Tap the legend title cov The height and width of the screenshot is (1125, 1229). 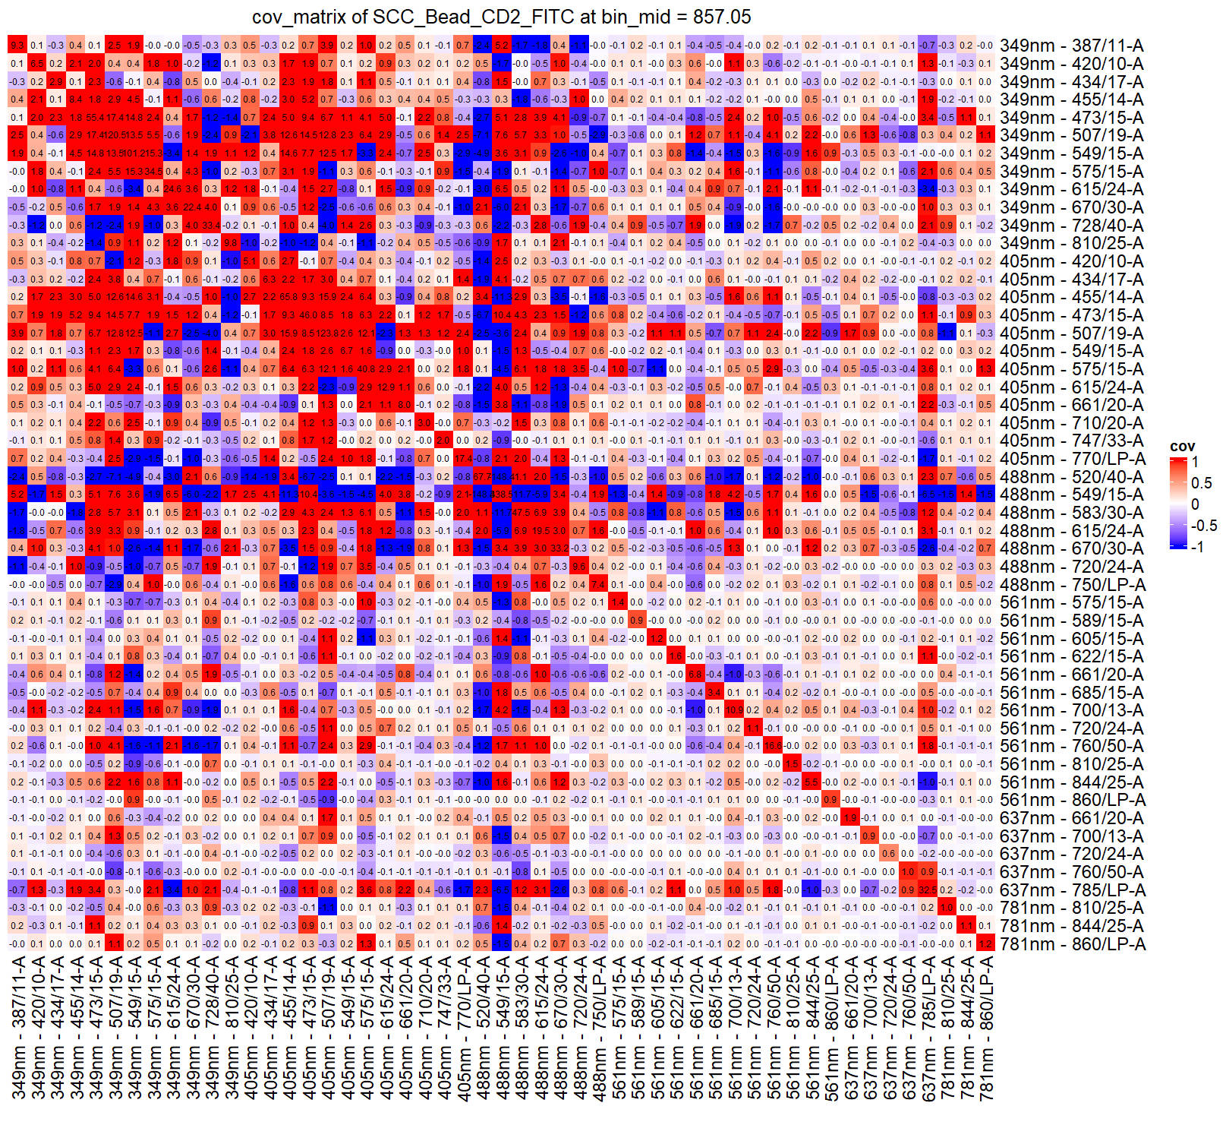click(1182, 447)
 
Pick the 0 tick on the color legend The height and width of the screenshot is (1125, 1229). click(1196, 504)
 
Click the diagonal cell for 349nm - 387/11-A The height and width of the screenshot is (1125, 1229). click(17, 46)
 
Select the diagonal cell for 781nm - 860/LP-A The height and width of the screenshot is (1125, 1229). click(985, 944)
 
